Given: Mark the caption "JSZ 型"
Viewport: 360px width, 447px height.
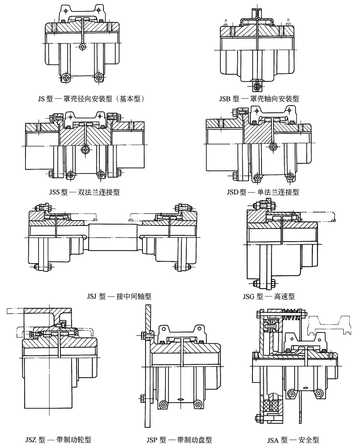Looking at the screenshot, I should pyautogui.click(x=32, y=440).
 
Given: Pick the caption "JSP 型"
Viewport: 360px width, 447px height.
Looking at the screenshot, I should pyautogui.click(x=154, y=440).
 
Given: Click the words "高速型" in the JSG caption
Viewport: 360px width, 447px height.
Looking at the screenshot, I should pyautogui.click(x=285, y=296).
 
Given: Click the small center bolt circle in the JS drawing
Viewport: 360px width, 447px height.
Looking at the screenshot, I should pyautogui.click(x=81, y=47).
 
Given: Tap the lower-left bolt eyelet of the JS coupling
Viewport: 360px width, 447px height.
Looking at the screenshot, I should pyautogui.click(x=66, y=77).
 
